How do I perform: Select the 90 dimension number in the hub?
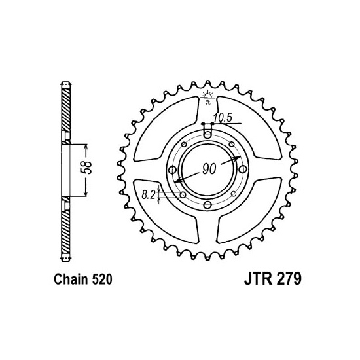pos(209,169)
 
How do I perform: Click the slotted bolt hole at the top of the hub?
pos(207,134)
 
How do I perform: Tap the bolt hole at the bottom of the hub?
pos(207,206)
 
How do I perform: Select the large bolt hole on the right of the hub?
pos(243,170)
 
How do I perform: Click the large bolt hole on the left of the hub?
pos(172,170)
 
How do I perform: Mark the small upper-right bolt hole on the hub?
pos(231,145)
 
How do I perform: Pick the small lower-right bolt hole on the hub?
pos(232,194)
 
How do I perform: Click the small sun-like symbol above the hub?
pos(207,96)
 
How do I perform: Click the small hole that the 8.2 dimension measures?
pos(183,194)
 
